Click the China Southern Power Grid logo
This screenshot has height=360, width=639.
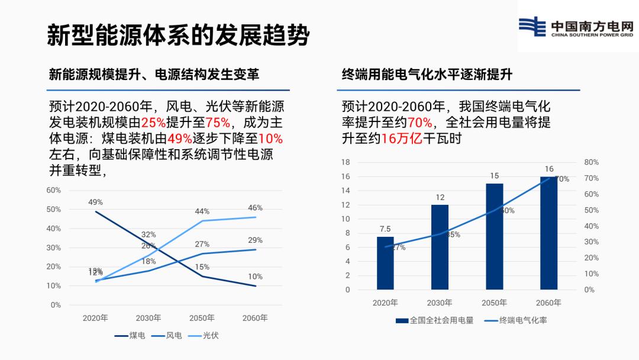coord(576,27)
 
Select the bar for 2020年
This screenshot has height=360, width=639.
coord(385,263)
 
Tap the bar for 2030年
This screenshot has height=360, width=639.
coord(440,247)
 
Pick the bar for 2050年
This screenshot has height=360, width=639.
coord(494,236)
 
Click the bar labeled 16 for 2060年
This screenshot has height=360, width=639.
coord(548,233)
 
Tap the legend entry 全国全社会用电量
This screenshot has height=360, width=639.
coord(435,320)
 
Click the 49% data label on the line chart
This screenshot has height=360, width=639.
coord(96,202)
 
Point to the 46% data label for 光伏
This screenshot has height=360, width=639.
coord(255,208)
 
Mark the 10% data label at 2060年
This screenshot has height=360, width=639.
coord(255,277)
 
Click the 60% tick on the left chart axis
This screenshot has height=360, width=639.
coord(54,190)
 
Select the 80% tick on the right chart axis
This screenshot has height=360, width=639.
coord(592,162)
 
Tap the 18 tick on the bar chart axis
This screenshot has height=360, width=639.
coord(346,162)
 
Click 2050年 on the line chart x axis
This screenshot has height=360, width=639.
coord(202,318)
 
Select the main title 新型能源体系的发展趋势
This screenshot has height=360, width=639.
coord(178,36)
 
